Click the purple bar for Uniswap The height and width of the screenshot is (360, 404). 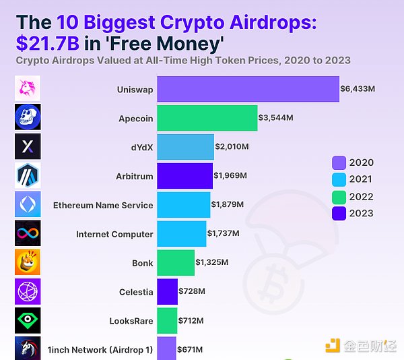248,89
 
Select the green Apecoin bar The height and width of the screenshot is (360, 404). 207,118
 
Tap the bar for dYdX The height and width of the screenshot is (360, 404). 185,147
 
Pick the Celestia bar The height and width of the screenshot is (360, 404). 167,292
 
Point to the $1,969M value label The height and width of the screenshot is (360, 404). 230,176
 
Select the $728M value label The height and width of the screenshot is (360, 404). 193,292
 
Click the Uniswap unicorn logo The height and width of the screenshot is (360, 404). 28,88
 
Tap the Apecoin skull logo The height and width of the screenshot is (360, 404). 28,117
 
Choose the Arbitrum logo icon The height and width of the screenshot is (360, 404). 28,175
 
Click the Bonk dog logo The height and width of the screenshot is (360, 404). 28,262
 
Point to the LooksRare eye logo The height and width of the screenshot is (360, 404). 28,320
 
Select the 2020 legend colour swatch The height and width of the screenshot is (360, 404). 339,162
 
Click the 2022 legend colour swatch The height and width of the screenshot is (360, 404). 339,197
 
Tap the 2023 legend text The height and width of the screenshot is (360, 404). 362,214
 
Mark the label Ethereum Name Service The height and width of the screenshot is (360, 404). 103,205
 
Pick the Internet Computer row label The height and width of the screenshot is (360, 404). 114,234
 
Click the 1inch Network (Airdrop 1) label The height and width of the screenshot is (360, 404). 100,350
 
